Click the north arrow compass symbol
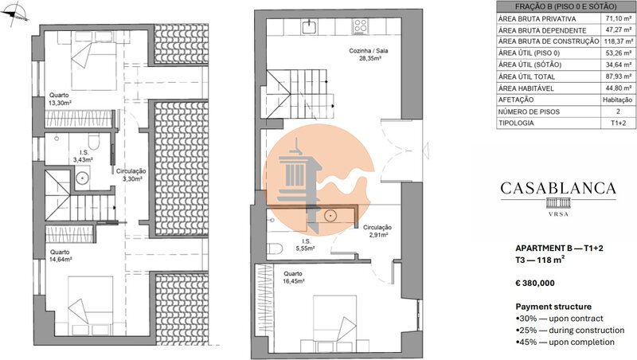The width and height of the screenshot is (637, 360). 14,14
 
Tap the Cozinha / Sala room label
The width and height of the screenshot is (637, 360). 369,54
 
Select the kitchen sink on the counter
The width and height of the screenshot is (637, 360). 309,26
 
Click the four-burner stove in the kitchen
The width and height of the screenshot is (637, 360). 360,26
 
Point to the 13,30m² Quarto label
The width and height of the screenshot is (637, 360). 60,99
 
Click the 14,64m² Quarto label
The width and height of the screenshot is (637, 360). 61,256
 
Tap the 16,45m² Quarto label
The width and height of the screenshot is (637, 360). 294,277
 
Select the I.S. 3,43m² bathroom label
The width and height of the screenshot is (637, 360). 84,156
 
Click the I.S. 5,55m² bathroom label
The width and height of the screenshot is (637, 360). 305,245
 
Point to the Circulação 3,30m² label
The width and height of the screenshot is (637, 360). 131,174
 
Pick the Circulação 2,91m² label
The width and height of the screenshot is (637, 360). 377,231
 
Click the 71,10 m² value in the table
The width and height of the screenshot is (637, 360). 618,18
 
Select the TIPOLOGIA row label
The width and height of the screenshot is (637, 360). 516,123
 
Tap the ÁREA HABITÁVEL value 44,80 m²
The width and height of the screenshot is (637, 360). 618,88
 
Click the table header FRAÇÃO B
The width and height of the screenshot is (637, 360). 565,6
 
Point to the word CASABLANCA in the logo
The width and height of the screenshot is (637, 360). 558,188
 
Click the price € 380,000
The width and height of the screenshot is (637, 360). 535,284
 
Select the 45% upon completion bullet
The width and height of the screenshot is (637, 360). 565,342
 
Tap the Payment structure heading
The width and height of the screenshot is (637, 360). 553,307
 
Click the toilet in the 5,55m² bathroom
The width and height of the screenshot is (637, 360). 275,248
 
